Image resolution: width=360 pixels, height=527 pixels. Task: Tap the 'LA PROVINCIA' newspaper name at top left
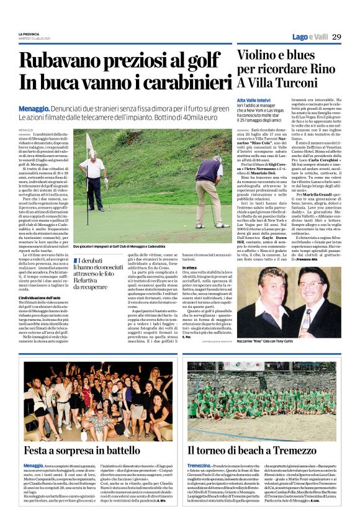[30, 34]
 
